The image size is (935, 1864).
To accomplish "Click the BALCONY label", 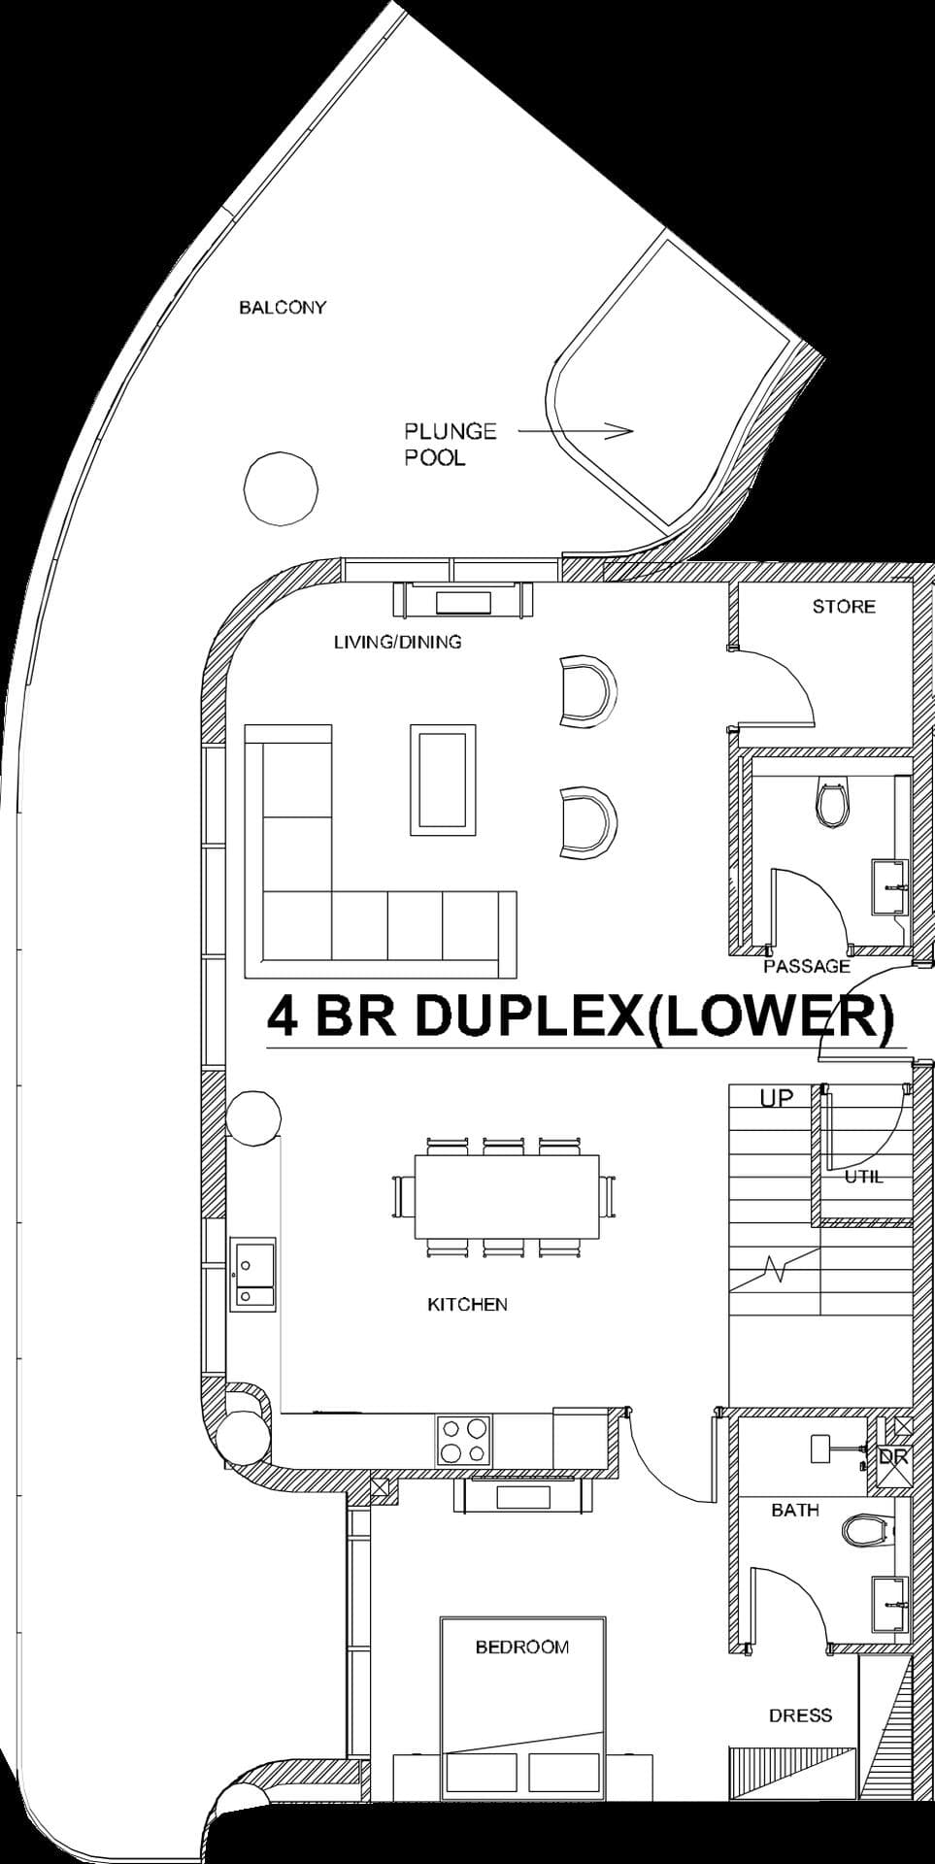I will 283,308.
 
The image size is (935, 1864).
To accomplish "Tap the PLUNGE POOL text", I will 450,444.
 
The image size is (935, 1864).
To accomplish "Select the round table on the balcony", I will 281,489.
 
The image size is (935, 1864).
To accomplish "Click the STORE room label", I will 843,607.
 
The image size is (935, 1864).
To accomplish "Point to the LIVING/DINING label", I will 397,642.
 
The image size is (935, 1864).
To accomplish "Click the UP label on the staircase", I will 777,1098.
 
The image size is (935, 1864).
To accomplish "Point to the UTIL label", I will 863,1177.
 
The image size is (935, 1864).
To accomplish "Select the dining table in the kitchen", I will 507,1196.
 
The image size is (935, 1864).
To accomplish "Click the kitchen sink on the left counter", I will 252,1274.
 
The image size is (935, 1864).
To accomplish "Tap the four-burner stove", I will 465,1441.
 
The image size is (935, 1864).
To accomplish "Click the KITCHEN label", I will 467,1304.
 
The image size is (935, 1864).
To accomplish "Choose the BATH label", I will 795,1510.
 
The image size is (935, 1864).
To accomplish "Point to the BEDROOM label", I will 521,1647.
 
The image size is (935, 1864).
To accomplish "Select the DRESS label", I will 800,1715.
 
